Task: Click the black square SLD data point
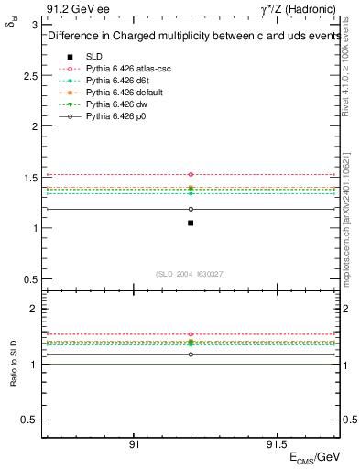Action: tap(191, 223)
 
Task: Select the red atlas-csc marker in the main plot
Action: tap(191, 174)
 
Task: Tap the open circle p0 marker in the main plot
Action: tap(191, 209)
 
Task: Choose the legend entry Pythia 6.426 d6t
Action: tap(116, 82)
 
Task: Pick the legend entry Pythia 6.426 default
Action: tap(122, 93)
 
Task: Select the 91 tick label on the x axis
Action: tap(134, 443)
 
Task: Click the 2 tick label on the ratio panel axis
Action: tap(34, 310)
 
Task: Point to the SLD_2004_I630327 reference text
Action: tap(191, 273)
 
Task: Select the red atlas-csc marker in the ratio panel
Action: tap(191, 334)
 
